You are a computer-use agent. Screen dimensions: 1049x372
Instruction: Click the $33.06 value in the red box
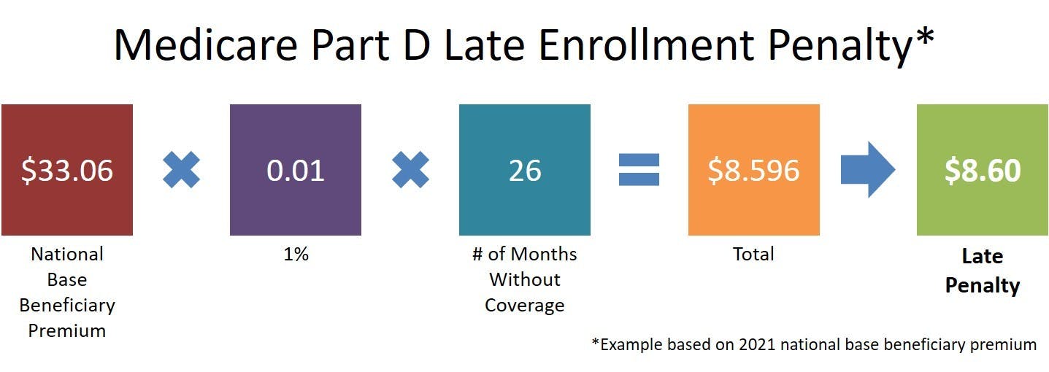[67, 170]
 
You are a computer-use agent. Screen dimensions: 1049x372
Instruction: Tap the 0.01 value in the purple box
[296, 170]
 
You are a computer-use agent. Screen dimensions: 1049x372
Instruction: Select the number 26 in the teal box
[525, 171]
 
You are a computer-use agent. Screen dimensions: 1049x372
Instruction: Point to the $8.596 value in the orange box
[753, 170]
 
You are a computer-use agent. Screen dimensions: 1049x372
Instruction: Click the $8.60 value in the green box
[983, 170]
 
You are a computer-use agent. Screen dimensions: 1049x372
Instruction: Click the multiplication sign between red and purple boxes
[181, 169]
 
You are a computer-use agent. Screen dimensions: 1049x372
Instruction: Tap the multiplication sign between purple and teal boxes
[410, 169]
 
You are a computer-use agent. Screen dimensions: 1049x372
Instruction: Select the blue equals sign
[639, 169]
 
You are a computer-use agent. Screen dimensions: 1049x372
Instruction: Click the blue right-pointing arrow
[868, 169]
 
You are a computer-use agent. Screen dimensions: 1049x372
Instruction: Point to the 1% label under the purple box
[296, 254]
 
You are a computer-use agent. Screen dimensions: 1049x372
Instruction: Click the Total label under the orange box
[753, 254]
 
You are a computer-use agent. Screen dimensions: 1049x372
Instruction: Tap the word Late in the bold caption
[983, 256]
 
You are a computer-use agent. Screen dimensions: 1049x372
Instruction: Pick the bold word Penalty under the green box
[983, 285]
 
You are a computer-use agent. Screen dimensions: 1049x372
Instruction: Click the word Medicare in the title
[206, 45]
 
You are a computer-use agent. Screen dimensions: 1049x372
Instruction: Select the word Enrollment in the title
[646, 45]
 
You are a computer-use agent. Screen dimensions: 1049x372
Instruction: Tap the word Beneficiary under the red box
[67, 306]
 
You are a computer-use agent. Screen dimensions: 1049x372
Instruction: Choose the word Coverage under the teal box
[524, 306]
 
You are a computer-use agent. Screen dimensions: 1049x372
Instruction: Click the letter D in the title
[417, 45]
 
